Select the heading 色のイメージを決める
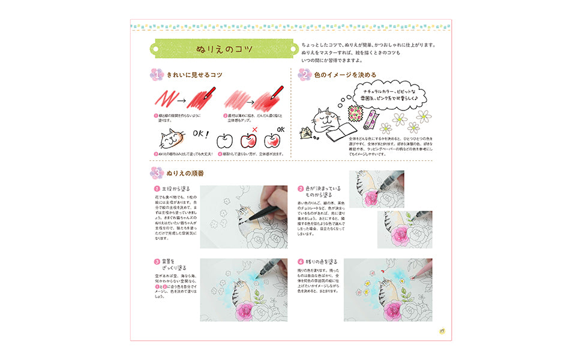[345, 75]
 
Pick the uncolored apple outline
[224, 142]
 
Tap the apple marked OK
[272, 140]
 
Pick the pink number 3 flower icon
[155, 173]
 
